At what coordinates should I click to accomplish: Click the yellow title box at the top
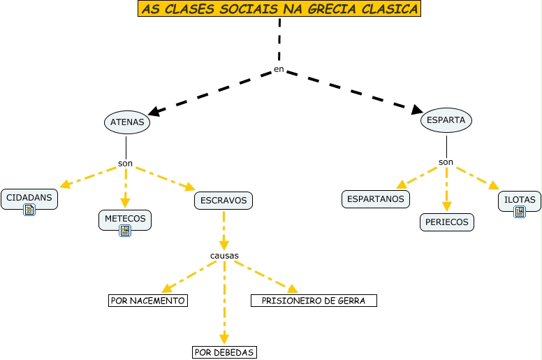(279, 9)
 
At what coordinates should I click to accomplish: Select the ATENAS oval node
(127, 122)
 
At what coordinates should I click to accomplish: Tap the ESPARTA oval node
(446, 120)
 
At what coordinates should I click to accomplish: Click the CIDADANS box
(29, 198)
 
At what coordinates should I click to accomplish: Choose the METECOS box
(125, 218)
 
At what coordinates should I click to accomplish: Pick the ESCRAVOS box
(224, 201)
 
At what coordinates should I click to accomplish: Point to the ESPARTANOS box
(376, 199)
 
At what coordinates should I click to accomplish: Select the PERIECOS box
(447, 222)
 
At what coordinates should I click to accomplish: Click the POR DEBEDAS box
(224, 352)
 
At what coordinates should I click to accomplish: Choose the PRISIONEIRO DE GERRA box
(314, 301)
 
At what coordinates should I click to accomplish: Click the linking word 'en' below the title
(279, 69)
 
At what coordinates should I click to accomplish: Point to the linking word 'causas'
(224, 255)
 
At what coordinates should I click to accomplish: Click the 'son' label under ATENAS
(126, 164)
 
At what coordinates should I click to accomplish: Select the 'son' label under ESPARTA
(446, 162)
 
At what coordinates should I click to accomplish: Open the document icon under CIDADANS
(29, 210)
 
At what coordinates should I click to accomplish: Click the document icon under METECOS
(125, 230)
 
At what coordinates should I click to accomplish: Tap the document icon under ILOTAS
(519, 211)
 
